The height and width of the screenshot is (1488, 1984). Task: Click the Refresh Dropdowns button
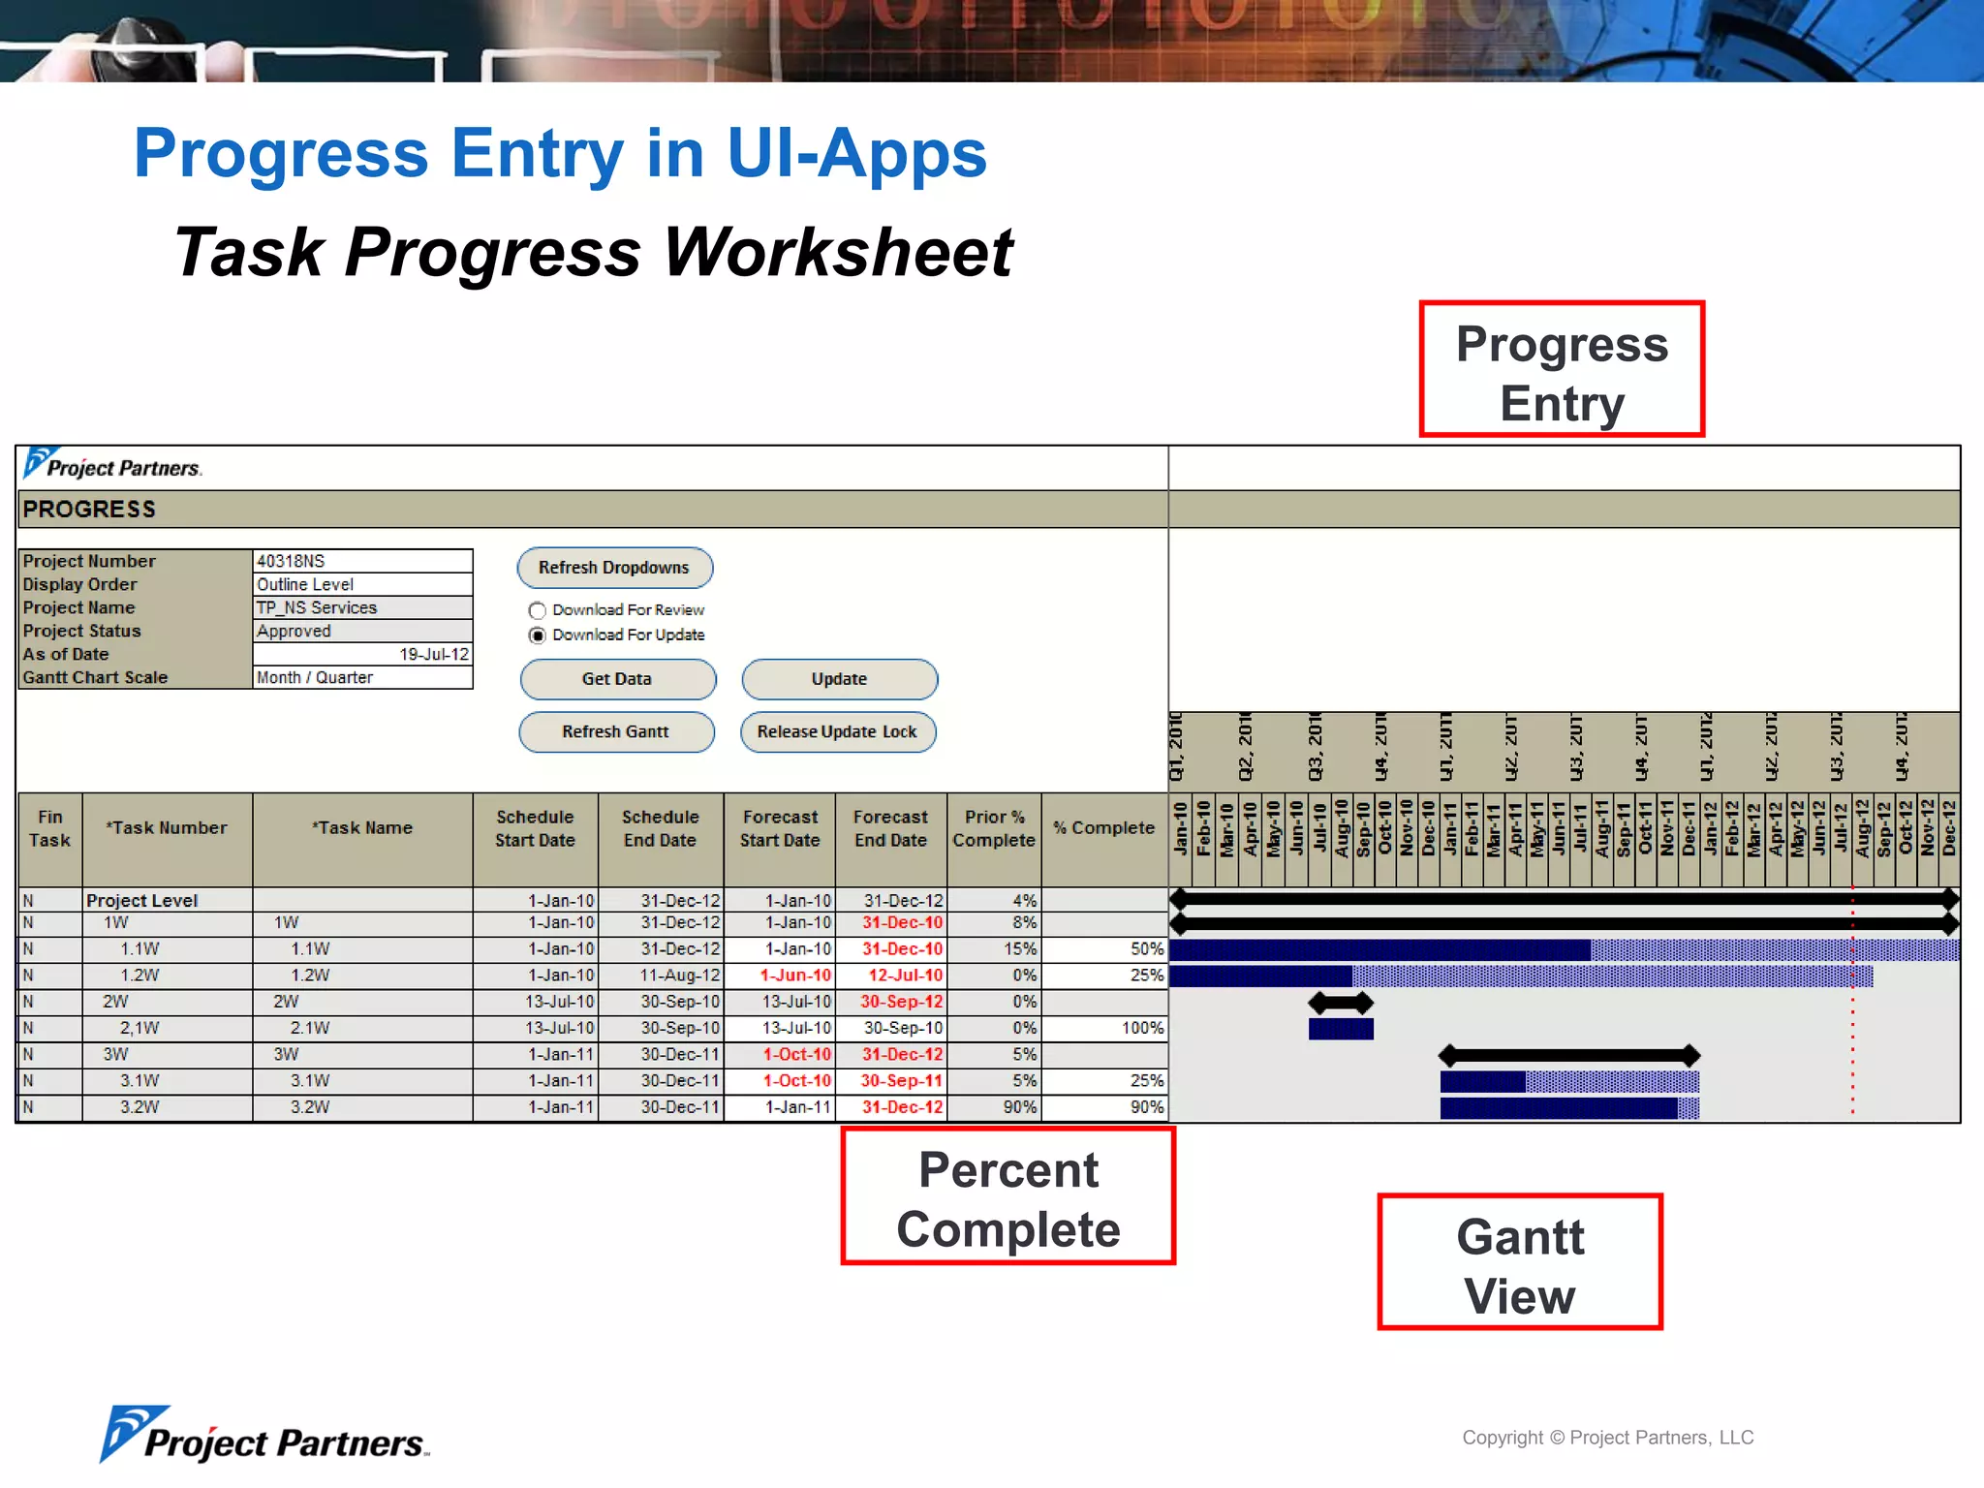tap(614, 568)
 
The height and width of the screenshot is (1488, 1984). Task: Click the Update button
tap(839, 679)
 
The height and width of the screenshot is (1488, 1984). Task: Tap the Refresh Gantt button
tap(616, 732)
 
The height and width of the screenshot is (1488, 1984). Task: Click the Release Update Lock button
tap(837, 732)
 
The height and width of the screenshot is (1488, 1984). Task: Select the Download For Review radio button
tap(538, 610)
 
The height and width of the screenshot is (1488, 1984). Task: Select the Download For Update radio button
tap(538, 635)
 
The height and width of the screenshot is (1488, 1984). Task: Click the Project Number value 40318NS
tap(362, 561)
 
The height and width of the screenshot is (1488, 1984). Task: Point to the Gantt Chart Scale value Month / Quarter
tap(362, 677)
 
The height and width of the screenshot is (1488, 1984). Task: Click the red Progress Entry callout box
tap(1561, 369)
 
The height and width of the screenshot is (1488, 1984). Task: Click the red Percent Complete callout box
tap(1007, 1195)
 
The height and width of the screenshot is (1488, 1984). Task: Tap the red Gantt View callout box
tap(1519, 1262)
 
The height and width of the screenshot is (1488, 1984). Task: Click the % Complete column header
tap(1104, 828)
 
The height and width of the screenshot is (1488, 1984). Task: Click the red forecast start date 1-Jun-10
tap(794, 976)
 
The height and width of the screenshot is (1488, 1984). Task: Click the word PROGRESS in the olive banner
tap(89, 510)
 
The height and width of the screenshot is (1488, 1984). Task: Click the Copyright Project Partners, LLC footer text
tap(1607, 1438)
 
